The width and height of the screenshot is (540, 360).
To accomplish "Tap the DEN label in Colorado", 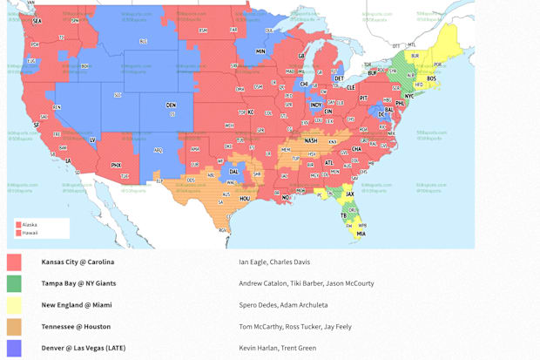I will (x=170, y=105).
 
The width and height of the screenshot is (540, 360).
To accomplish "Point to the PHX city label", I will (x=117, y=165).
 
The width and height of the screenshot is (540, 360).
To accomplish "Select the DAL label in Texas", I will (x=233, y=172).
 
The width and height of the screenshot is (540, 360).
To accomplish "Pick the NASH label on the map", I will (x=311, y=140).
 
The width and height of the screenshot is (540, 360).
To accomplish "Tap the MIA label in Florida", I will (x=361, y=234).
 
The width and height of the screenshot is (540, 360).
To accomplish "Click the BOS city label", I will (x=432, y=78).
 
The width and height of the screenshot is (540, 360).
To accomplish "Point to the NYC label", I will (x=409, y=96).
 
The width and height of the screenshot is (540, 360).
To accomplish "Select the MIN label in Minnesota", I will (x=260, y=51).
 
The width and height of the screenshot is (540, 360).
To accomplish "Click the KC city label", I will (x=251, y=112).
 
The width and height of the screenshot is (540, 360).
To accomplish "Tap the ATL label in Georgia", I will (x=328, y=163).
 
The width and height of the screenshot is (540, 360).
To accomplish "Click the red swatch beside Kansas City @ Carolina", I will (x=14, y=262).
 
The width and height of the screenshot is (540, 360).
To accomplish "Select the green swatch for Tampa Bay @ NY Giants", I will (x=14, y=283).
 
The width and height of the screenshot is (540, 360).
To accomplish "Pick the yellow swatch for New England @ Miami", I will (x=14, y=305).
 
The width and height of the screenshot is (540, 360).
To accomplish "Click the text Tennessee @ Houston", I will (x=76, y=327).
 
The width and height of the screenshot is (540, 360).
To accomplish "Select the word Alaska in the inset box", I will (x=30, y=224).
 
